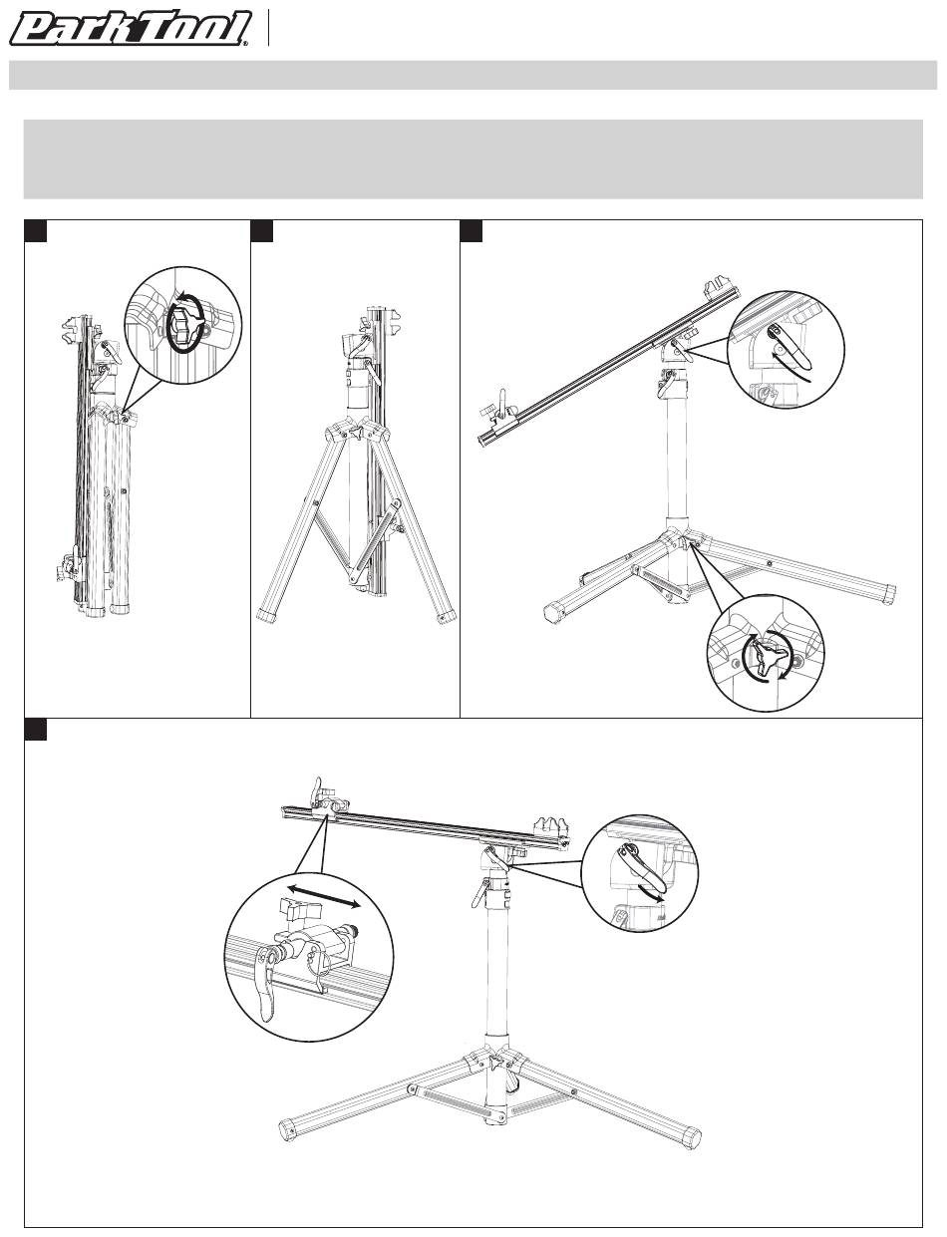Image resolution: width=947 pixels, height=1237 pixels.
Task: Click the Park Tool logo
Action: [132, 29]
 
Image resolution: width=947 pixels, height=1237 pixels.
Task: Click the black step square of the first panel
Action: [35, 231]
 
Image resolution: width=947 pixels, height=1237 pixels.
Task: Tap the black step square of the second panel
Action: [262, 231]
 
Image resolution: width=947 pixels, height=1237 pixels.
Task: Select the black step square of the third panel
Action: [472, 231]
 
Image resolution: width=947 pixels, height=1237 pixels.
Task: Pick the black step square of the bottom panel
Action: [35, 730]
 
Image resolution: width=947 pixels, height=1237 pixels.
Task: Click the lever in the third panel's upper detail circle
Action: [787, 347]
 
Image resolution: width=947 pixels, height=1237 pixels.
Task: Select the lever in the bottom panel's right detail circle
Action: [639, 872]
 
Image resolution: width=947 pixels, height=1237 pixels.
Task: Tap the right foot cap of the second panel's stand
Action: [447, 617]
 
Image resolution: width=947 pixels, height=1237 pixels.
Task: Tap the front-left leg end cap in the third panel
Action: [555, 614]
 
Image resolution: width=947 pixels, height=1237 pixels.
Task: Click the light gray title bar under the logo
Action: [473, 75]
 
